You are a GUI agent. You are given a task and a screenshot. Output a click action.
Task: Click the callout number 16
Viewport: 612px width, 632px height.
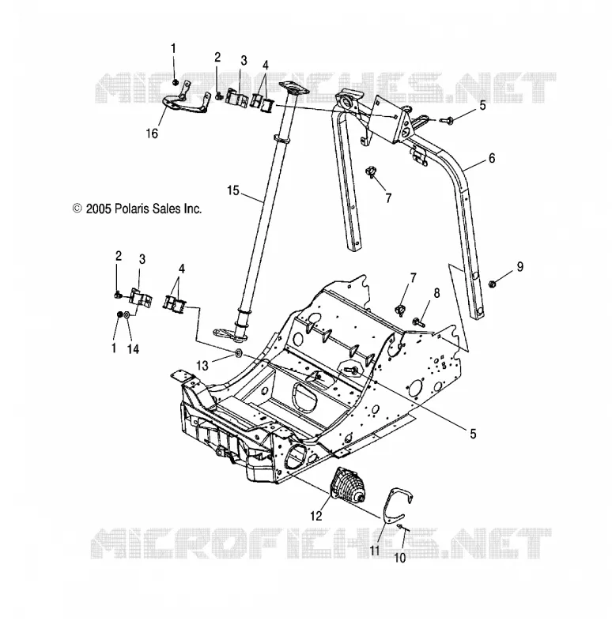(152, 134)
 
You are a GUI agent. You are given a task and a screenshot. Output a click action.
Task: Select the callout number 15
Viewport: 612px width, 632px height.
(233, 190)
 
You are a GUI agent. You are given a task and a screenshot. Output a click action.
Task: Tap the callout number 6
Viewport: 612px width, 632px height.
(491, 159)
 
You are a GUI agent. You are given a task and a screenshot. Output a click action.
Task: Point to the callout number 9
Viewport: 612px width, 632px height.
(520, 267)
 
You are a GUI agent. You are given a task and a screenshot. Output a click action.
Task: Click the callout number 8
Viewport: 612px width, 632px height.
(437, 293)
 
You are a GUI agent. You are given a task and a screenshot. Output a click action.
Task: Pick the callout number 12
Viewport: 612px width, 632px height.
(316, 516)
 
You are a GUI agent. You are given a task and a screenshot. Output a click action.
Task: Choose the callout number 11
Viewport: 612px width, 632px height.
(375, 550)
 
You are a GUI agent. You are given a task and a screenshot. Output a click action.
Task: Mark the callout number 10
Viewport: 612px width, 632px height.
(399, 558)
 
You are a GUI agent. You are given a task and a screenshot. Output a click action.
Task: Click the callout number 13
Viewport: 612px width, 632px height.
(202, 366)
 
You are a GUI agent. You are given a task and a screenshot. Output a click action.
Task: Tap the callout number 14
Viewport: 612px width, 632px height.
(133, 348)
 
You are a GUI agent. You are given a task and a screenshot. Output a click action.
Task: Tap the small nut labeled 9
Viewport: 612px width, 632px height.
(493, 284)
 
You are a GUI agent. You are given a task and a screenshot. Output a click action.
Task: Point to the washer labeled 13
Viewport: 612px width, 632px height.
(238, 353)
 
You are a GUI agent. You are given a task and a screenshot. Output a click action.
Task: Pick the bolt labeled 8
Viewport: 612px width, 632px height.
(418, 322)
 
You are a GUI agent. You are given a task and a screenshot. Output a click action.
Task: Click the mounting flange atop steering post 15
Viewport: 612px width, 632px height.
(293, 88)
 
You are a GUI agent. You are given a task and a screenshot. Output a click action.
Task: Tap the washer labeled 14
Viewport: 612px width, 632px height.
(127, 314)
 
